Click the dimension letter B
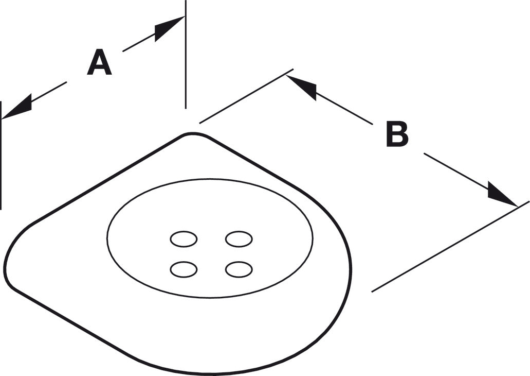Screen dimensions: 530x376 coord(397,134)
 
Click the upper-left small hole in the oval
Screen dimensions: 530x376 coord(184,240)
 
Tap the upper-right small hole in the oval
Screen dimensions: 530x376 coord(239,240)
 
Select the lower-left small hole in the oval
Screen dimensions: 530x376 coord(184,269)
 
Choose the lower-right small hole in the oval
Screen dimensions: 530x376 coord(239,269)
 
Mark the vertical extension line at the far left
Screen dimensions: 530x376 coord(1,155)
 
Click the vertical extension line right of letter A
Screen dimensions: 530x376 coord(186,54)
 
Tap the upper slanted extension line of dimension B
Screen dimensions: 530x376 coord(246,96)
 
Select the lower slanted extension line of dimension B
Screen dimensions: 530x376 coord(450,246)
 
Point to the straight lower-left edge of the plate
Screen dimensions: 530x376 coord(68,322)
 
